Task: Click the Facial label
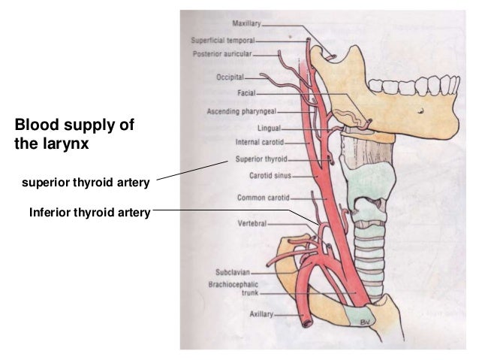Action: pyautogui.click(x=247, y=93)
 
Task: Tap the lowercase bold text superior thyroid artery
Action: pyautogui.click(x=86, y=181)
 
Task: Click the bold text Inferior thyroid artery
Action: pyautogui.click(x=90, y=213)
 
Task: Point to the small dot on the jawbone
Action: pyautogui.click(x=423, y=108)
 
